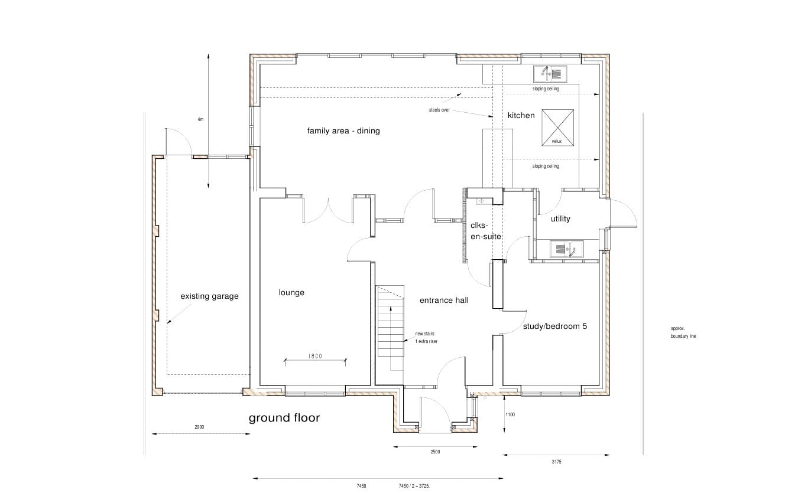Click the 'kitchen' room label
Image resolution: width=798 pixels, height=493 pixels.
click(521, 115)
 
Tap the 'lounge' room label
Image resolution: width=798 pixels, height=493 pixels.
click(291, 293)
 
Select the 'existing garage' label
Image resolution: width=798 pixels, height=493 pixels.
click(209, 296)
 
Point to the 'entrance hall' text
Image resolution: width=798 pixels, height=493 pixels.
click(444, 300)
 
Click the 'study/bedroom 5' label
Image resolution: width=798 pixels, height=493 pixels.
click(554, 326)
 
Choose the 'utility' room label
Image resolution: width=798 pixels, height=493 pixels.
click(560, 218)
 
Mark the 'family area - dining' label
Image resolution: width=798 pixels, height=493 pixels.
click(343, 130)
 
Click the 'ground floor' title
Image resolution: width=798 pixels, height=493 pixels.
click(284, 418)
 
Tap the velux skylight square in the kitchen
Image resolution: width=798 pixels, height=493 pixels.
click(557, 128)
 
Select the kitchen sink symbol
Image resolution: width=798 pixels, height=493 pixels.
click(550, 74)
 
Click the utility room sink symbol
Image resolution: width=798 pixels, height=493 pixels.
click(567, 249)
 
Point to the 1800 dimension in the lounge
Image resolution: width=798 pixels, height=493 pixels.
click(315, 356)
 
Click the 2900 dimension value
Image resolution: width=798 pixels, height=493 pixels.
click(199, 427)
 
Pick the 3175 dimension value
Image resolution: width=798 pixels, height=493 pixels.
click(556, 462)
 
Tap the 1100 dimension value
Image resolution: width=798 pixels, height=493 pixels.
click(510, 414)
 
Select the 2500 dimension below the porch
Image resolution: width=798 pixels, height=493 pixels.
click(435, 452)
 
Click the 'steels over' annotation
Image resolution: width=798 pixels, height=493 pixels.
click(439, 110)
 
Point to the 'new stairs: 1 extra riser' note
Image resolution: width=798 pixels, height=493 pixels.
click(426, 338)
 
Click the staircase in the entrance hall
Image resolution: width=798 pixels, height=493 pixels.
click(391, 321)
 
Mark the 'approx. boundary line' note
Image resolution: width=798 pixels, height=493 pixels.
click(683, 332)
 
